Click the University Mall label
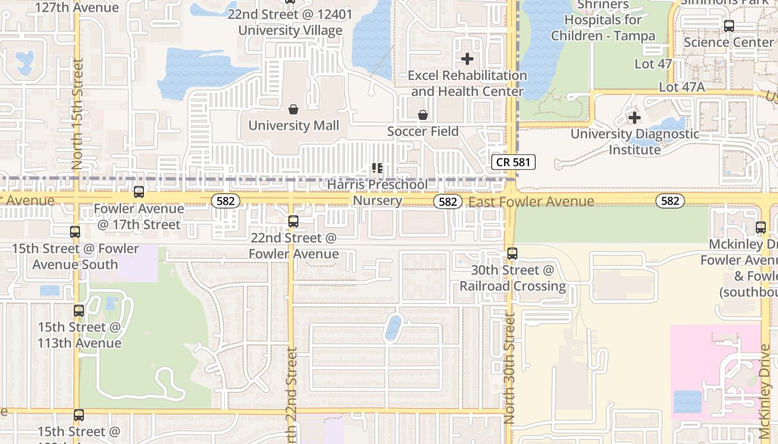tap(293, 125)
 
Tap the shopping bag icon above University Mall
tap(293, 109)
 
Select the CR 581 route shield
tap(513, 162)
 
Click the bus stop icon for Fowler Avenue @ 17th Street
tap(139, 192)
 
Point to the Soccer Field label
tap(423, 132)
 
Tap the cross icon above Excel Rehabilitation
tap(467, 58)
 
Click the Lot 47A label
tap(681, 87)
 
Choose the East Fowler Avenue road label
tap(531, 201)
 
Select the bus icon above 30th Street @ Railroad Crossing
tap(512, 254)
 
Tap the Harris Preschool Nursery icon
tap(377, 168)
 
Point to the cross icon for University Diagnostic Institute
tap(634, 117)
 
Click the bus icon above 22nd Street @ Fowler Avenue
tap(293, 221)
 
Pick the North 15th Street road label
tap(77, 114)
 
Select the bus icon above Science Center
tap(729, 26)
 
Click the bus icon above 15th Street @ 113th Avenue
tap(79, 311)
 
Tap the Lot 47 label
tap(653, 64)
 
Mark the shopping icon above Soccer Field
tap(423, 115)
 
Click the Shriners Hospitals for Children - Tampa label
tap(603, 21)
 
